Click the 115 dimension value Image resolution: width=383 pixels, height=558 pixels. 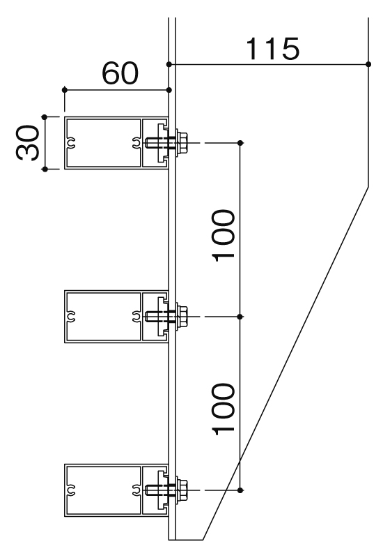tap(273, 48)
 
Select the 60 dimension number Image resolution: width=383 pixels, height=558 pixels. tap(120, 73)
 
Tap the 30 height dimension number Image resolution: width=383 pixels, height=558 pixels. tap(27, 142)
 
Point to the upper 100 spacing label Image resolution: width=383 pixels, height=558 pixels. tap(224, 236)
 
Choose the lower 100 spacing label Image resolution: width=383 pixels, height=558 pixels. tap(224, 409)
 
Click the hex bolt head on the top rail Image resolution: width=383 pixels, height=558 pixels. tap(182, 143)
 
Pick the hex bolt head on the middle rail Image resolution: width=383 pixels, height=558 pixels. tap(182, 317)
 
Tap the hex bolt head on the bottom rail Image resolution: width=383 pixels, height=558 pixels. tap(182, 490)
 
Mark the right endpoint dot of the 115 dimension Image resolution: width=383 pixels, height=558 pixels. tap(368, 64)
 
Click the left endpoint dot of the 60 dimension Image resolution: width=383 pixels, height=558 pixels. tap(65, 90)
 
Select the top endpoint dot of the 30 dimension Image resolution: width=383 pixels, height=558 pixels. tap(45, 116)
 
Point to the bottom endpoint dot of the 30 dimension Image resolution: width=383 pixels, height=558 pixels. tap(45, 169)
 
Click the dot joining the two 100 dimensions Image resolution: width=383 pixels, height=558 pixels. tap(240, 317)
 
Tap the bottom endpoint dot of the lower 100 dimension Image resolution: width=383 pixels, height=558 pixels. tap(240, 490)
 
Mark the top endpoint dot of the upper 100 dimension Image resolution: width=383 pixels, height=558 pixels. tap(240, 143)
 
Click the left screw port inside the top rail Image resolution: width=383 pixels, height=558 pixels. tap(71, 143)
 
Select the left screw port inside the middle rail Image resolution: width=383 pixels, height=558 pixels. tap(71, 317)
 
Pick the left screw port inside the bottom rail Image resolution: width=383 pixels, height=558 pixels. tap(71, 490)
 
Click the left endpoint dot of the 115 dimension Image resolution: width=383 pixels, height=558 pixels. tap(169, 64)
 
